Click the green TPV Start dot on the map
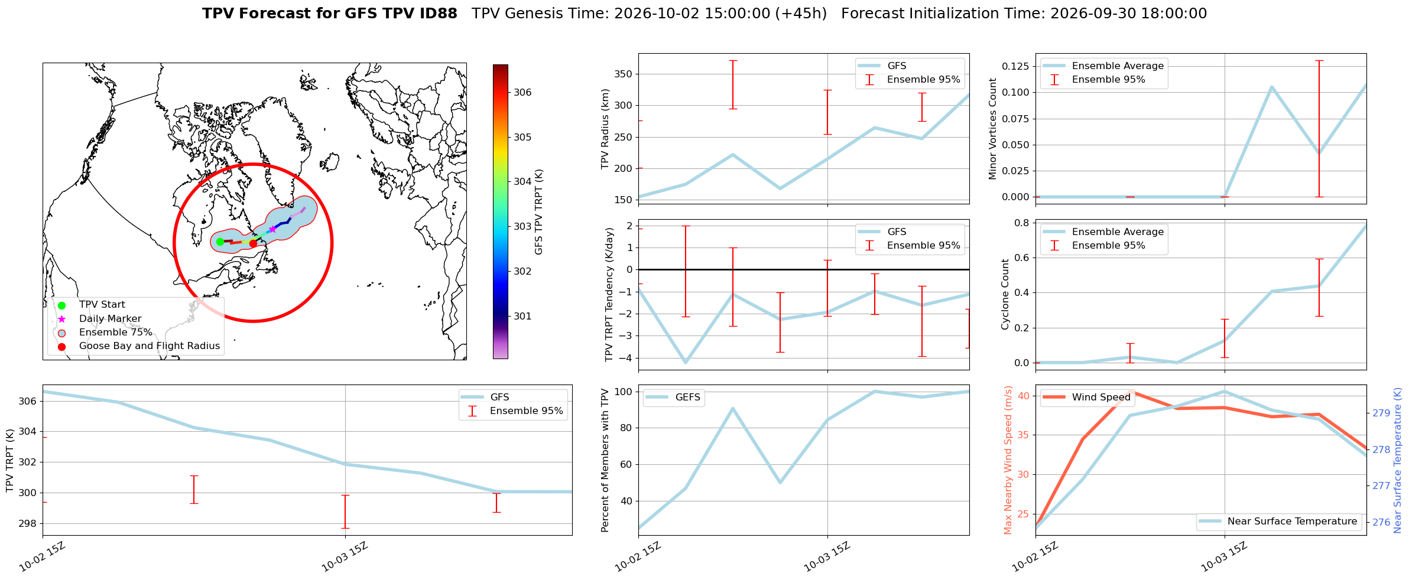220,242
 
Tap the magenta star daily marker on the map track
272,229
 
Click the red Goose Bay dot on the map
253,243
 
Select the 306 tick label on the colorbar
522,92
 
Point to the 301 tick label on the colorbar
522,316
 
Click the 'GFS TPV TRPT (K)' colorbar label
538,212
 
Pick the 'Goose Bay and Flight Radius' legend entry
150,346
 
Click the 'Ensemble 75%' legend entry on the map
116,333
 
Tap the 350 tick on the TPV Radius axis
624,74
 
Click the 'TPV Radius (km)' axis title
605,129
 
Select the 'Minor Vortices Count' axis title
993,129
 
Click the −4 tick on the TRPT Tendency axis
627,358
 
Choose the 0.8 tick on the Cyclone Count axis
1022,223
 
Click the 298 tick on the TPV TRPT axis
29,524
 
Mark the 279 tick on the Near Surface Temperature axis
1381,413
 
